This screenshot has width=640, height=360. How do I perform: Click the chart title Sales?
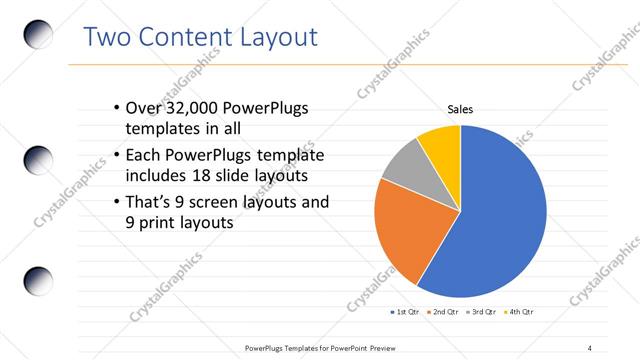(460, 109)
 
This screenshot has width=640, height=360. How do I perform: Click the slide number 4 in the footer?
(589, 347)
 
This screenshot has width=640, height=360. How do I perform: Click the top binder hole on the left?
(38, 34)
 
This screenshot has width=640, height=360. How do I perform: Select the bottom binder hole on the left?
(38, 281)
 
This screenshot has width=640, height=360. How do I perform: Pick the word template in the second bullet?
(290, 156)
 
